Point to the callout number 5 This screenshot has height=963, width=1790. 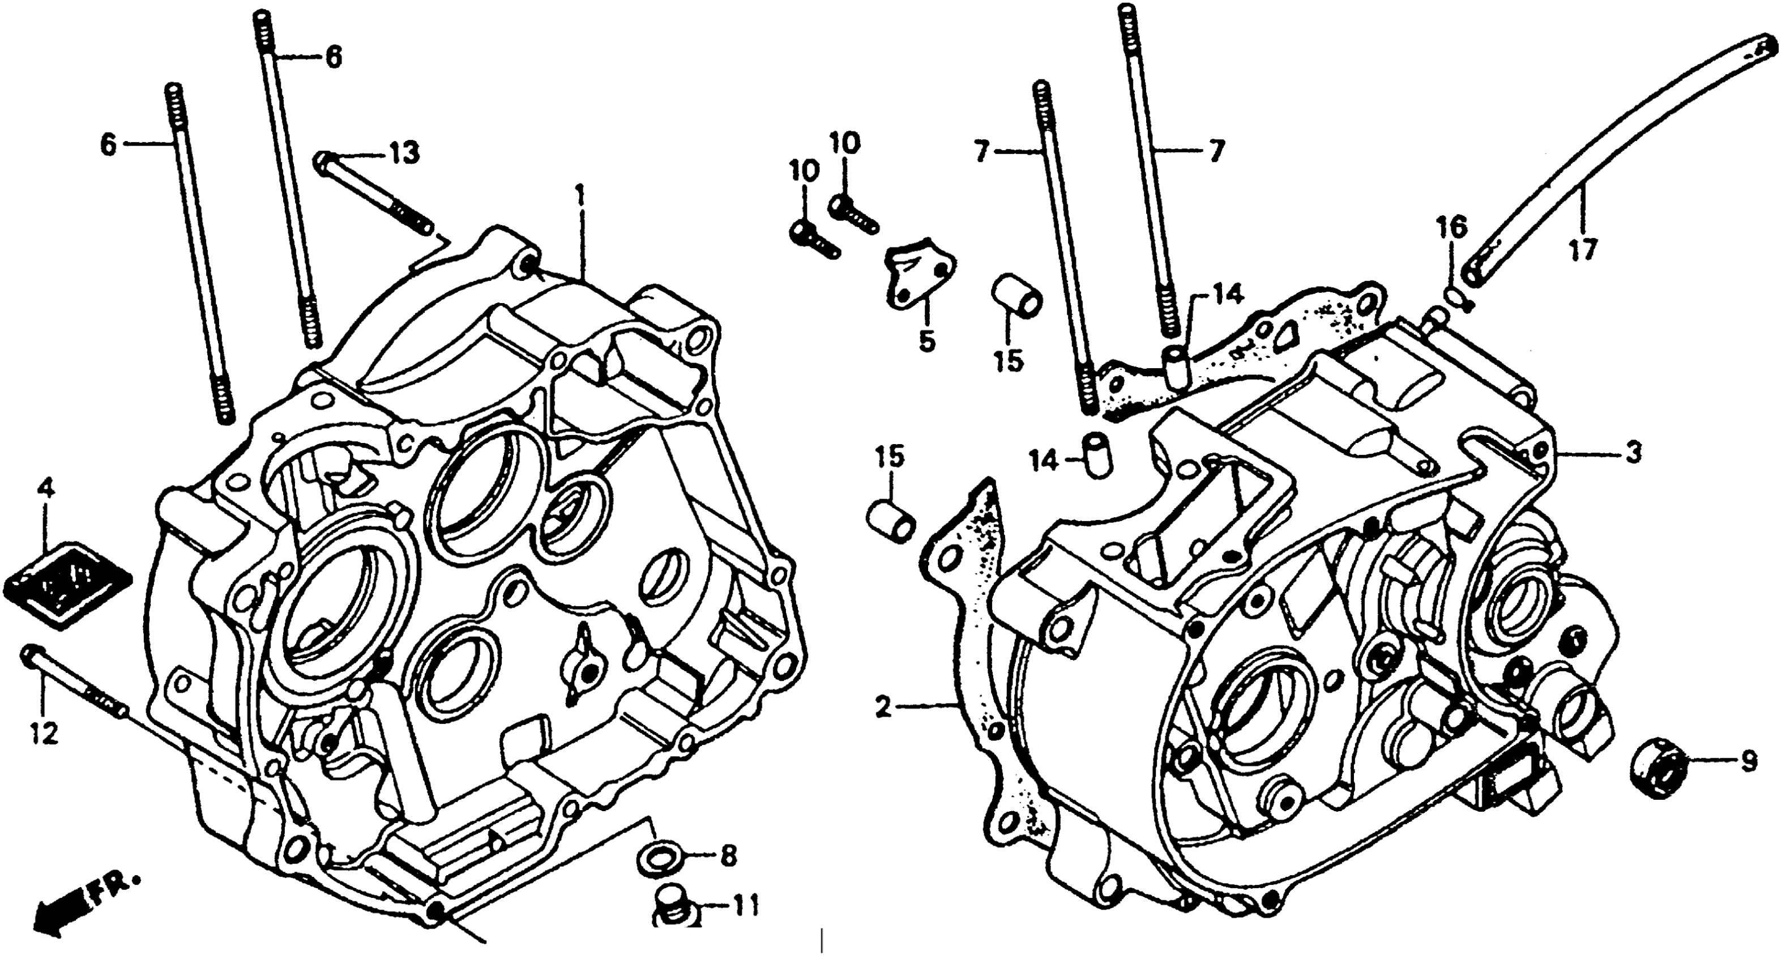927,340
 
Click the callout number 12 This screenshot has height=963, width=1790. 45,734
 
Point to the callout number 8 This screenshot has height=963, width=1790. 728,857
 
